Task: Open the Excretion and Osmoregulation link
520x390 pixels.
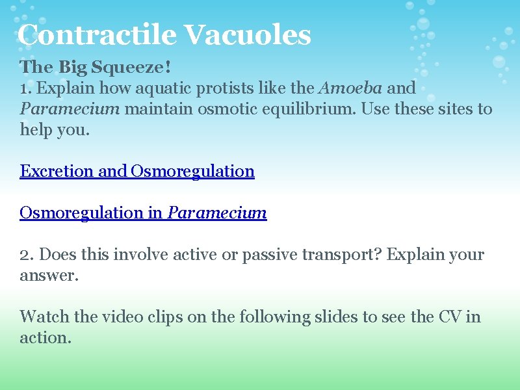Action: coord(137,171)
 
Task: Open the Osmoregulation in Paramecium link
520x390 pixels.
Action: coord(143,213)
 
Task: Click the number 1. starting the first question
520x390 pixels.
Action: coord(25,88)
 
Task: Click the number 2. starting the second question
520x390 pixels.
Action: coord(27,254)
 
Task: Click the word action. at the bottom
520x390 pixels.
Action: coord(45,337)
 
